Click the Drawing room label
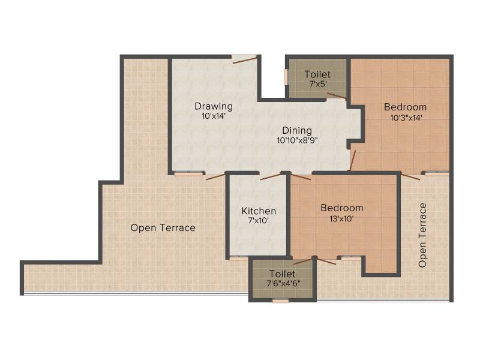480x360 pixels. (214, 107)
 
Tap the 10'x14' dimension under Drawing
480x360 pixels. (214, 116)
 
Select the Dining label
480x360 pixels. (297, 131)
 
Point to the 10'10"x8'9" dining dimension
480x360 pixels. (297, 140)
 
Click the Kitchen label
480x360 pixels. (259, 211)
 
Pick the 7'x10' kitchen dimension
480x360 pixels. (259, 220)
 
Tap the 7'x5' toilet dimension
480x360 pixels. (318, 84)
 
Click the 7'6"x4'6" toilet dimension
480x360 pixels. (283, 283)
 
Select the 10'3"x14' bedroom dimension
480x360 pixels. (406, 118)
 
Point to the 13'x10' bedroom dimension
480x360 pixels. (341, 219)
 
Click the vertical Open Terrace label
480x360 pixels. (422, 235)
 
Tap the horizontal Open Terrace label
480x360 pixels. (163, 228)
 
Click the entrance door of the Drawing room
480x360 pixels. (245, 60)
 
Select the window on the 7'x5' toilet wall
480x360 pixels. (286, 77)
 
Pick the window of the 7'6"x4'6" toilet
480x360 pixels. (280, 301)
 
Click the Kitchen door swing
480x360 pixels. (271, 176)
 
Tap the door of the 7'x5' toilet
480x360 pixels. (337, 96)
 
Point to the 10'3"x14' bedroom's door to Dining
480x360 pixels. (352, 160)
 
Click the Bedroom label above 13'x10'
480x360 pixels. (342, 208)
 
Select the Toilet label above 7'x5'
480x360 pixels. (318, 74)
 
